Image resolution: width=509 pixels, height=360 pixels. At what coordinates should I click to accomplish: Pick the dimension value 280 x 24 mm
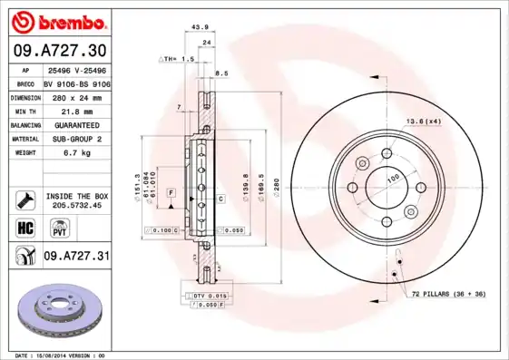(76, 95)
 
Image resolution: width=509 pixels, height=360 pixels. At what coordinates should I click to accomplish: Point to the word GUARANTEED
(76, 124)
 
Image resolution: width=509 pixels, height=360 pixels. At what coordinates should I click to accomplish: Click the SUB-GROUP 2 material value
(76, 139)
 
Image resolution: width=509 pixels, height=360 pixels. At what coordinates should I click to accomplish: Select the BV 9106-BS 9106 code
(77, 82)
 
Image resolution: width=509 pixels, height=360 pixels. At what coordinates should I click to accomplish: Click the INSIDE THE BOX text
(76, 196)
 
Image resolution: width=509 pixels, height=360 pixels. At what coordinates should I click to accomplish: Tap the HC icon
(25, 228)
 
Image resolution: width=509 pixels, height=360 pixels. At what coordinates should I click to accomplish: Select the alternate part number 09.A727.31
(76, 258)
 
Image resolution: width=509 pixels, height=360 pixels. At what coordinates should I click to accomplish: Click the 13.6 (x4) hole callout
(422, 122)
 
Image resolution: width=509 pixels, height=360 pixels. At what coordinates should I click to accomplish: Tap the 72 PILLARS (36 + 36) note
(449, 296)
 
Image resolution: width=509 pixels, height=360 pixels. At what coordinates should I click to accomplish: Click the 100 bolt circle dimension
(393, 179)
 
